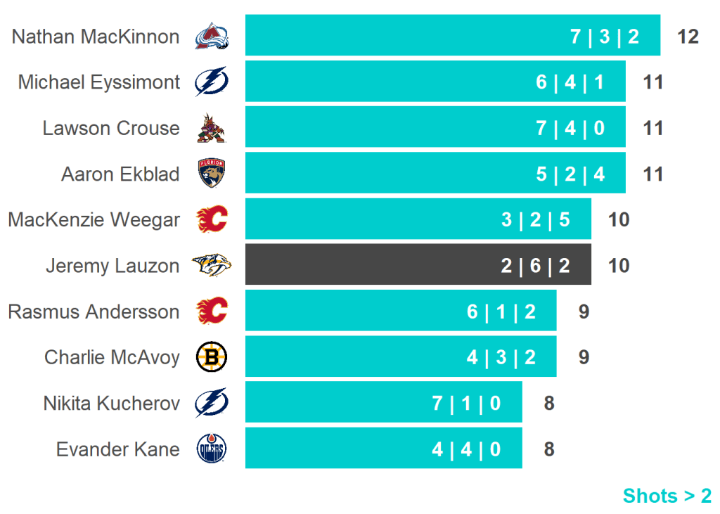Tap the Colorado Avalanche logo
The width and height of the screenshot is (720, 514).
[212, 36]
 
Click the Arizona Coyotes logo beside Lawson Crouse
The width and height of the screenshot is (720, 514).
[212, 128]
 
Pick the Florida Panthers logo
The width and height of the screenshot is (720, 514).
[212, 174]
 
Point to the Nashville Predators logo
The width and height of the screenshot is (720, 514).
[212, 265]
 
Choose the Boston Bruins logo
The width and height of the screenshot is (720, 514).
[212, 357]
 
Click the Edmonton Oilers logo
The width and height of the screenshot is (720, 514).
[212, 449]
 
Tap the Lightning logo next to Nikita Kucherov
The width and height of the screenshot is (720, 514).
[212, 403]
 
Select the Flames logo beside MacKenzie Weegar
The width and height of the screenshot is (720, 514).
[212, 219]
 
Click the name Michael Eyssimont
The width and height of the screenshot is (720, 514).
[99, 82]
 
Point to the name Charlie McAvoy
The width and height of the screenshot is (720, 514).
[112, 357]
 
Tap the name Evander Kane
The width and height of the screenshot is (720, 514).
[117, 449]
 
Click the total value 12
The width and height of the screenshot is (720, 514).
[688, 37]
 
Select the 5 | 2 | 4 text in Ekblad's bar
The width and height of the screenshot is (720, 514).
[570, 174]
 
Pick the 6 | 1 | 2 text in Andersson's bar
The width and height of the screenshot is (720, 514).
[501, 312]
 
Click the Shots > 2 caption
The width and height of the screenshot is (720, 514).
[667, 496]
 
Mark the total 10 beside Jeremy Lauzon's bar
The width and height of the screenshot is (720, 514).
[619, 266]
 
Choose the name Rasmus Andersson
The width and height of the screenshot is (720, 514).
[94, 311]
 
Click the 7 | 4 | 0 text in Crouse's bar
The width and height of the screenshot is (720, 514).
[570, 129]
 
